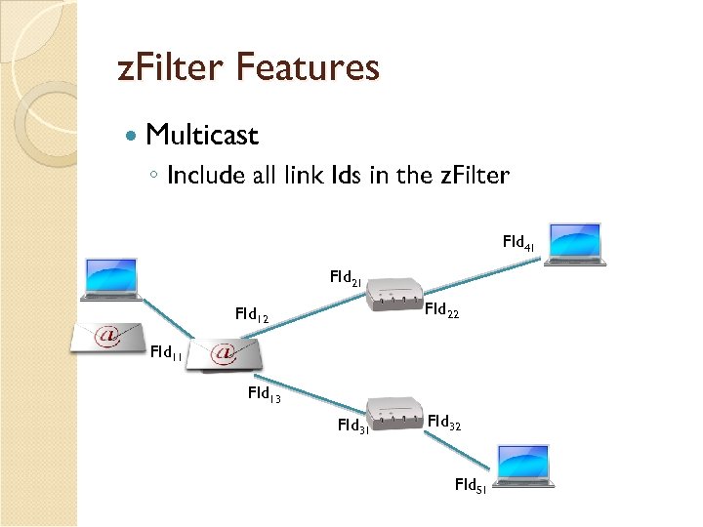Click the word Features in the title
(308, 68)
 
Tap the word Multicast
(202, 135)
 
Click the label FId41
(518, 241)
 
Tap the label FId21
(346, 278)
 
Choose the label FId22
(442, 311)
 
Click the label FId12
(252, 315)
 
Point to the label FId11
(165, 352)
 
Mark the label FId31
(353, 426)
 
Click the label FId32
(444, 423)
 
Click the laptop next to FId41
(576, 244)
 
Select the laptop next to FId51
(524, 466)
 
